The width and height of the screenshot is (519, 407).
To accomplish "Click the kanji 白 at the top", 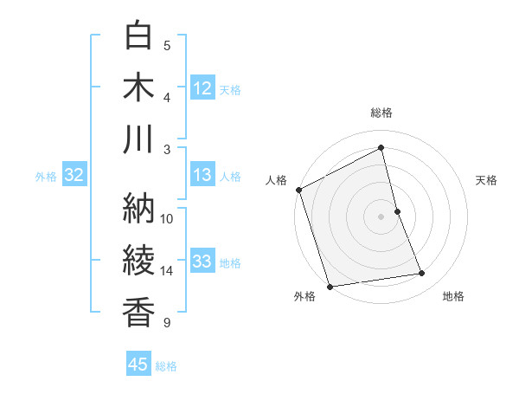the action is point(139,36).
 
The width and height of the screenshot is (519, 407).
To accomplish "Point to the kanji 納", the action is point(139,208).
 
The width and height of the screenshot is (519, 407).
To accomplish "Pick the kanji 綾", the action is point(139,261).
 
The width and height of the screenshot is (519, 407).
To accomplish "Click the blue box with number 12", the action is point(202,88).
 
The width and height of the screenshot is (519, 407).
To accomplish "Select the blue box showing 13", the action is point(202,176).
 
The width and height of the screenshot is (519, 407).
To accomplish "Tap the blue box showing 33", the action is point(202,262).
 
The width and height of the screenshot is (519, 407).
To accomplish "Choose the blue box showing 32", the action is point(74,176).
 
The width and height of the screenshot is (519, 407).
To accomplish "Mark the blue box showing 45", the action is point(138,365).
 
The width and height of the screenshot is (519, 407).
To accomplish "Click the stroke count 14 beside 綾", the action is point(167,271).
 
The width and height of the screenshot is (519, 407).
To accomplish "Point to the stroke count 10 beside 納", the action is point(167,218).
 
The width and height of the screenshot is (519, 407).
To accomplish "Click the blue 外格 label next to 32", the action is point(46,177).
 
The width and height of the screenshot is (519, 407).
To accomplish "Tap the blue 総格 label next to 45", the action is point(166,366).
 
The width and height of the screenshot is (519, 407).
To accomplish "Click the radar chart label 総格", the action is point(381,113).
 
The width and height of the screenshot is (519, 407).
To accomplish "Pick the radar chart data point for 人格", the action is point(298,190).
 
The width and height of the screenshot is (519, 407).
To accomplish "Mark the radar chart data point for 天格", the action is point(397,210).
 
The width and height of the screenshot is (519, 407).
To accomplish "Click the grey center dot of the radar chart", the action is point(381,216).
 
